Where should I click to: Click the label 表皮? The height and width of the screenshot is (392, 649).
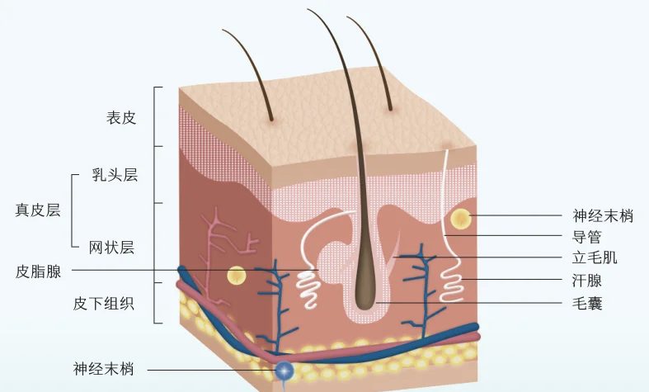120,117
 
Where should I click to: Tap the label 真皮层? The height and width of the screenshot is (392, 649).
38,210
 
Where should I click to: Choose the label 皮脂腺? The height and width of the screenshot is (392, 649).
38,272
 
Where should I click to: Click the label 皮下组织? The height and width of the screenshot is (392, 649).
104,304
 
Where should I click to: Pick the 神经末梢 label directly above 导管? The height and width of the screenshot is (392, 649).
602,216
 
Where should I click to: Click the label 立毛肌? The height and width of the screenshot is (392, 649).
595,258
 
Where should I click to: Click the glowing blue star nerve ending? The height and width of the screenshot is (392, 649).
285,372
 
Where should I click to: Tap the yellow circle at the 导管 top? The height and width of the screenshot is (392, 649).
460,220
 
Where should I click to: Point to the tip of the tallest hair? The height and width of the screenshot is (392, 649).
308,10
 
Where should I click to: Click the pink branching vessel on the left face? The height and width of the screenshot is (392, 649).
219,248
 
